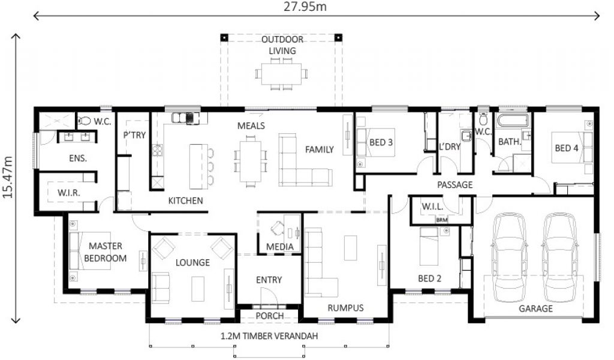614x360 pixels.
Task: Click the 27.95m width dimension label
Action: [x=305, y=6]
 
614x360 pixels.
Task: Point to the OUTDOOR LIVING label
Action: [x=282, y=45]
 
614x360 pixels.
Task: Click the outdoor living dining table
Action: [x=282, y=73]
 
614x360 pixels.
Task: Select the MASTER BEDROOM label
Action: [x=106, y=252]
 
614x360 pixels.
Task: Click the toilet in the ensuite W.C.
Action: [x=84, y=121]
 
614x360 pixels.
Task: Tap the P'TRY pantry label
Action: [x=134, y=135]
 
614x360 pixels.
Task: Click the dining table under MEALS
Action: [x=251, y=161]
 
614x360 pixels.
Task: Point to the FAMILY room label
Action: [x=320, y=149]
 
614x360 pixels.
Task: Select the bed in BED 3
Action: [x=375, y=143]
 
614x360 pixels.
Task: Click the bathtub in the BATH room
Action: [x=512, y=120]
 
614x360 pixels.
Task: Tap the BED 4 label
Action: [x=566, y=148]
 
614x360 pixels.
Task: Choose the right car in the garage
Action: [x=560, y=257]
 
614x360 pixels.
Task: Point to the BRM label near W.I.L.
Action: [x=442, y=220]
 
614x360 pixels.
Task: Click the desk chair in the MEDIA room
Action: [x=278, y=228]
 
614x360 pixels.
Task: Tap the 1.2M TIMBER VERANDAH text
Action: [x=269, y=336]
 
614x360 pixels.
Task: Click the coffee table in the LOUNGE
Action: [x=198, y=289]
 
